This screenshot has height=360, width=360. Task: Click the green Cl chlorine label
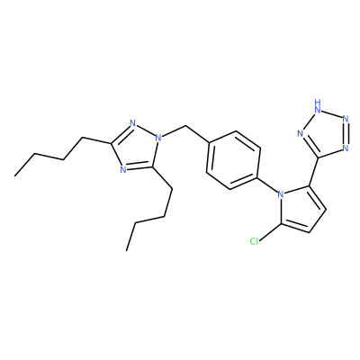pyautogui.click(x=254, y=241)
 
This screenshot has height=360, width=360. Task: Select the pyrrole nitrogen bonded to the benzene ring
pyautogui.click(x=281, y=194)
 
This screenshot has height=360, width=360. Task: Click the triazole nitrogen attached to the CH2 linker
pyautogui.click(x=158, y=139)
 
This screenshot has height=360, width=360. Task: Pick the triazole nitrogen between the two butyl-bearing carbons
pyautogui.click(x=122, y=169)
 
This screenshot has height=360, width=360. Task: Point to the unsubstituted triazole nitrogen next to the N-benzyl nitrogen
pyautogui.click(x=133, y=123)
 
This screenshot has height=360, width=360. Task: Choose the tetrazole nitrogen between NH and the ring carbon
pyautogui.click(x=301, y=133)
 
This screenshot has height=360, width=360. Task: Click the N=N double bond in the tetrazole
pyautogui.click(x=346, y=133)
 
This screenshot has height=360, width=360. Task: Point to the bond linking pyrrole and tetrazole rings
pyautogui.click(x=313, y=172)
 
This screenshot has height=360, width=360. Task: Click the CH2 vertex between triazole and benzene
pyautogui.click(x=186, y=126)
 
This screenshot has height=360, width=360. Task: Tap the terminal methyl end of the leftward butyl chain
pyautogui.click(x=15, y=175)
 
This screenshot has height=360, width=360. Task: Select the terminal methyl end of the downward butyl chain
pyautogui.click(x=127, y=250)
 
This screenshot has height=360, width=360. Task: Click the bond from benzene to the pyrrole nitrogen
pyautogui.click(x=268, y=184)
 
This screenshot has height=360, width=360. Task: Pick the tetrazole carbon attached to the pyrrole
pyautogui.click(x=318, y=157)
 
